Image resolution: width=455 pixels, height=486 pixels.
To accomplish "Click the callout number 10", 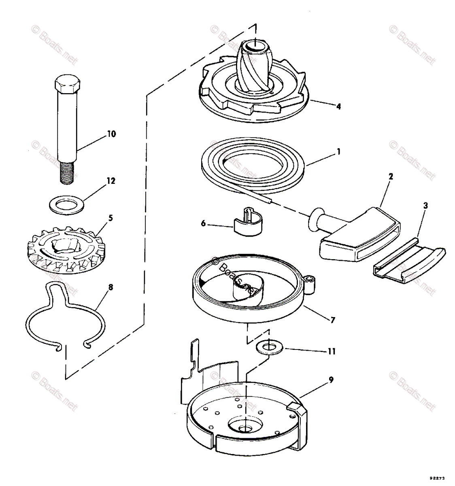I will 111,134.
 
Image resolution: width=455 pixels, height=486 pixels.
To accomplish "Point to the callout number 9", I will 331,380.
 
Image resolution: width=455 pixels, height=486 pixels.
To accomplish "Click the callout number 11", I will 332,351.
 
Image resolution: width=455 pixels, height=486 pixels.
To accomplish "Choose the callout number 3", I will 425,206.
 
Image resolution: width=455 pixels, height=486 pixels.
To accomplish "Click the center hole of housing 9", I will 246,428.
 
